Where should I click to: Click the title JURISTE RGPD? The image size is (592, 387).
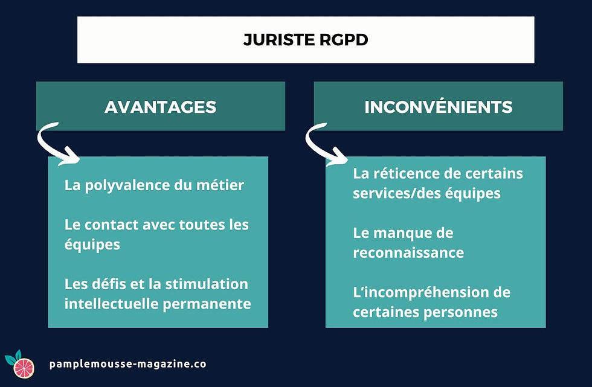[305, 40]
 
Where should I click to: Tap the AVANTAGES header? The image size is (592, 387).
[160, 107]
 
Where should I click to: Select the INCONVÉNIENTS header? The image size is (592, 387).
[438, 107]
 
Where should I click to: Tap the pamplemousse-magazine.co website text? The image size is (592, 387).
[127, 364]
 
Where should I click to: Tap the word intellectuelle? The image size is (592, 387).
[111, 304]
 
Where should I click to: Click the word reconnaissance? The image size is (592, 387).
[408, 252]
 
